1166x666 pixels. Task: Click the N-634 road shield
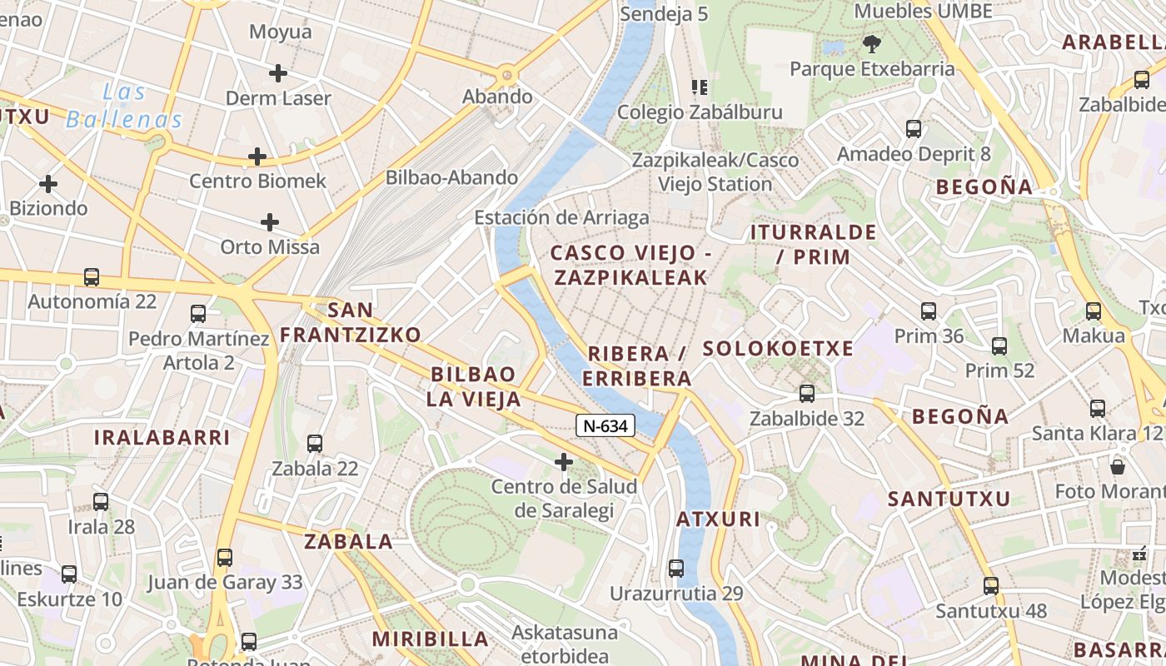point(605,426)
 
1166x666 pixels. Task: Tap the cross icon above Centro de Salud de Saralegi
point(564,461)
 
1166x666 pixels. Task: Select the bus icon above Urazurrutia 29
point(676,569)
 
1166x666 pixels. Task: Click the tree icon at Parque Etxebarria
point(872,44)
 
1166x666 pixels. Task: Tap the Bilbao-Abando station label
point(451,177)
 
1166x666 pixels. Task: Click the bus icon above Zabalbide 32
point(806,394)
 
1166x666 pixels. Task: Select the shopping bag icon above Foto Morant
point(1118,466)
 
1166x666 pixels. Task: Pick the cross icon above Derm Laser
point(278,73)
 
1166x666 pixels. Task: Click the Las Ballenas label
point(125,106)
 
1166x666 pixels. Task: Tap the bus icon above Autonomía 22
point(92,277)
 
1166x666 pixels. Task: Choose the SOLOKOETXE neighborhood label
point(778,348)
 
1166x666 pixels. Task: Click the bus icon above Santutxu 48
point(990,586)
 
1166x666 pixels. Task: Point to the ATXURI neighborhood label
point(718,519)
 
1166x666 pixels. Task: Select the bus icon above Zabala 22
point(315,444)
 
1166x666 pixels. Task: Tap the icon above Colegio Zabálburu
point(700,87)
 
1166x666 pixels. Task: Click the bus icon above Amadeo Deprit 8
point(914,129)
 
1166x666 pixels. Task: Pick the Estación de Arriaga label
point(561,218)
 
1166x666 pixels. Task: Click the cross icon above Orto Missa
point(270,222)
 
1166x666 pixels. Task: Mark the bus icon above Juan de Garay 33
point(225,558)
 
